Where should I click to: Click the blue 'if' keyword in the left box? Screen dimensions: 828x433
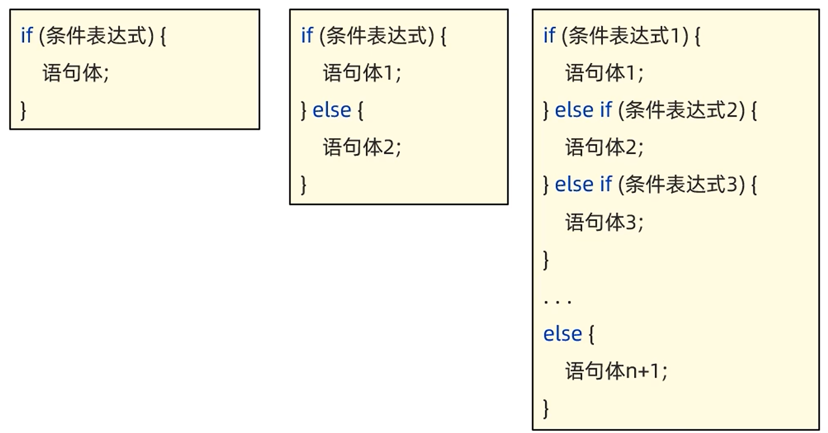pyautogui.click(x=26, y=36)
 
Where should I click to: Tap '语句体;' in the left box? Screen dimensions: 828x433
pyautogui.click(x=76, y=73)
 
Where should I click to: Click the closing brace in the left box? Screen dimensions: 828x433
pyautogui.click(x=23, y=110)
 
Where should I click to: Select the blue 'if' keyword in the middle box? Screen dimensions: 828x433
pyautogui.click(x=306, y=36)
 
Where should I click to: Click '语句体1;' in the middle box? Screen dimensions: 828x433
pyautogui.click(x=362, y=73)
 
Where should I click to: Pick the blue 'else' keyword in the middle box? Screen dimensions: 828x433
pyautogui.click(x=331, y=110)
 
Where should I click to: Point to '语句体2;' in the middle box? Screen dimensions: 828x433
pyautogui.click(x=362, y=147)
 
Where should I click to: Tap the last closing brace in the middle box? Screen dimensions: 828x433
pyautogui.click(x=303, y=184)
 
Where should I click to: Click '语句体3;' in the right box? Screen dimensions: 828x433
pyautogui.click(x=604, y=222)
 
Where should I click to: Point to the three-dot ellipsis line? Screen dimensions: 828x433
pyautogui.click(x=557, y=300)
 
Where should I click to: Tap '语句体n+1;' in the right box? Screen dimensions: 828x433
pyautogui.click(x=616, y=371)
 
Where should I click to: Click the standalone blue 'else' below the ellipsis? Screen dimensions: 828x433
pyautogui.click(x=562, y=334)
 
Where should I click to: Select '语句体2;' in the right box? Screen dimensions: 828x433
pyautogui.click(x=604, y=147)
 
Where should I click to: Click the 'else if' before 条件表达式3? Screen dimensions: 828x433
pyautogui.click(x=583, y=184)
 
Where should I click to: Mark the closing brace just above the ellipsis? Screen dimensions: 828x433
pyautogui.click(x=546, y=259)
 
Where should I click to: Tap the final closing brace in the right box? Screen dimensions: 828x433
pyautogui.click(x=546, y=408)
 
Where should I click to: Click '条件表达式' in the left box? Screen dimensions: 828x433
pyautogui.click(x=96, y=36)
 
